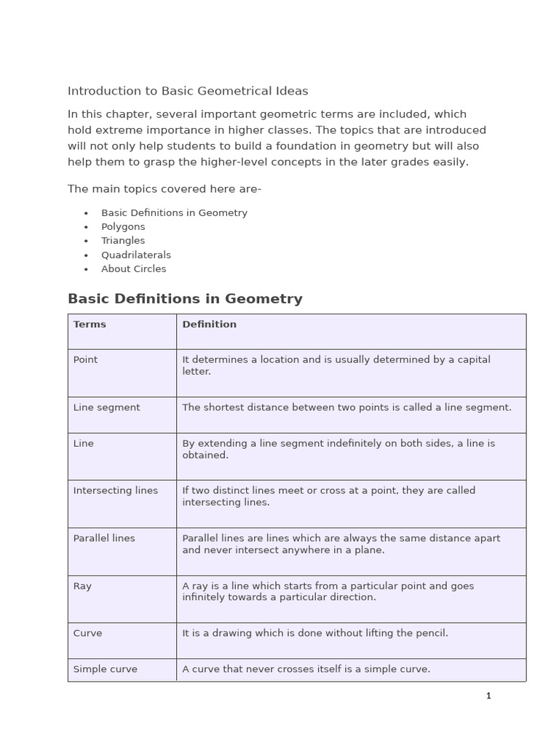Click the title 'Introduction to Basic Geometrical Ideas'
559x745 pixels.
point(188,91)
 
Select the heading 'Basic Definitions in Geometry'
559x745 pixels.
point(185,298)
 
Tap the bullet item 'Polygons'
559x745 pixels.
point(123,226)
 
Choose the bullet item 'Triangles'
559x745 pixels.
point(123,240)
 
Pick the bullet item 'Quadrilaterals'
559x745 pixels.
point(136,255)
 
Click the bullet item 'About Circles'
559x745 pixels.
point(133,268)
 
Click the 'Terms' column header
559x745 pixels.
point(90,324)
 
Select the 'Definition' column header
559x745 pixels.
point(209,324)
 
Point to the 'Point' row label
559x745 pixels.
point(85,359)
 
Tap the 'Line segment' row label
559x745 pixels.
point(106,407)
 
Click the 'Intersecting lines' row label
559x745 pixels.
point(115,490)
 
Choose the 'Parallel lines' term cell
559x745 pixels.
point(104,538)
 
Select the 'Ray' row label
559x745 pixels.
point(82,586)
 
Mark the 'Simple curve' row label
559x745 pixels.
point(105,669)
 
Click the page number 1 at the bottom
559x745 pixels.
point(488,696)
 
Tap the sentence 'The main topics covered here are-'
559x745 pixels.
point(164,189)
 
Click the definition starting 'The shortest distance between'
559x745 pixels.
point(346,407)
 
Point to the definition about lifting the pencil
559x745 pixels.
point(314,633)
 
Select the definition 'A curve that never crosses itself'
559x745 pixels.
point(306,669)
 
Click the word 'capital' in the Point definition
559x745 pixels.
point(472,359)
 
